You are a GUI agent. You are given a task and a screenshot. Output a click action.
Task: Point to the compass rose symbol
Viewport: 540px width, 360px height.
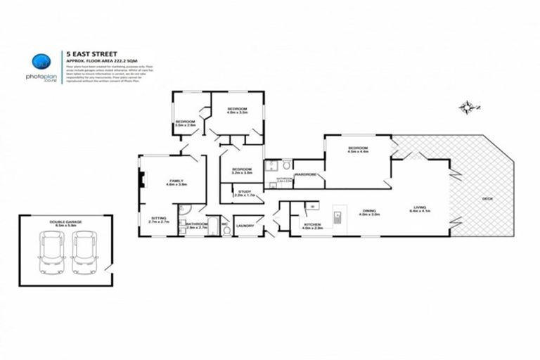466,108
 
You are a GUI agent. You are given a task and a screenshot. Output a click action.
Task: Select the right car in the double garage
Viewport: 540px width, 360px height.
83,252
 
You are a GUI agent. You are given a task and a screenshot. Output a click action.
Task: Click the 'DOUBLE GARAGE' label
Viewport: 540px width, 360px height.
65,222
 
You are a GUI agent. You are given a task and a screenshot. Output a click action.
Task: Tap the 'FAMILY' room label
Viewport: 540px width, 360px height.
175,181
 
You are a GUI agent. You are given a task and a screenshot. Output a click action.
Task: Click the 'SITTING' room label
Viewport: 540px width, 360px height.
159,219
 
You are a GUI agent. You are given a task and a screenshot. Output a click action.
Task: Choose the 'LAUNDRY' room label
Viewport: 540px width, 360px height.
245,226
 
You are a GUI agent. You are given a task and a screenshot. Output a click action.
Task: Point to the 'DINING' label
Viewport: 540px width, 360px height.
370,210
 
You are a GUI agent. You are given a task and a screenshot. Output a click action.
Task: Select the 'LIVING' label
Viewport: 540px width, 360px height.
420,207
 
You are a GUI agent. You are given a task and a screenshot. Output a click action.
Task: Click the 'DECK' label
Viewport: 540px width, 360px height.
487,199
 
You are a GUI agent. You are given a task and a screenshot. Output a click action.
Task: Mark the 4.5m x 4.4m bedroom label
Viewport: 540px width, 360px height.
358,148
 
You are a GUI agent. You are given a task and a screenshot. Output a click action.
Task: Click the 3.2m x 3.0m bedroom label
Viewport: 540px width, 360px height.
242,169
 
